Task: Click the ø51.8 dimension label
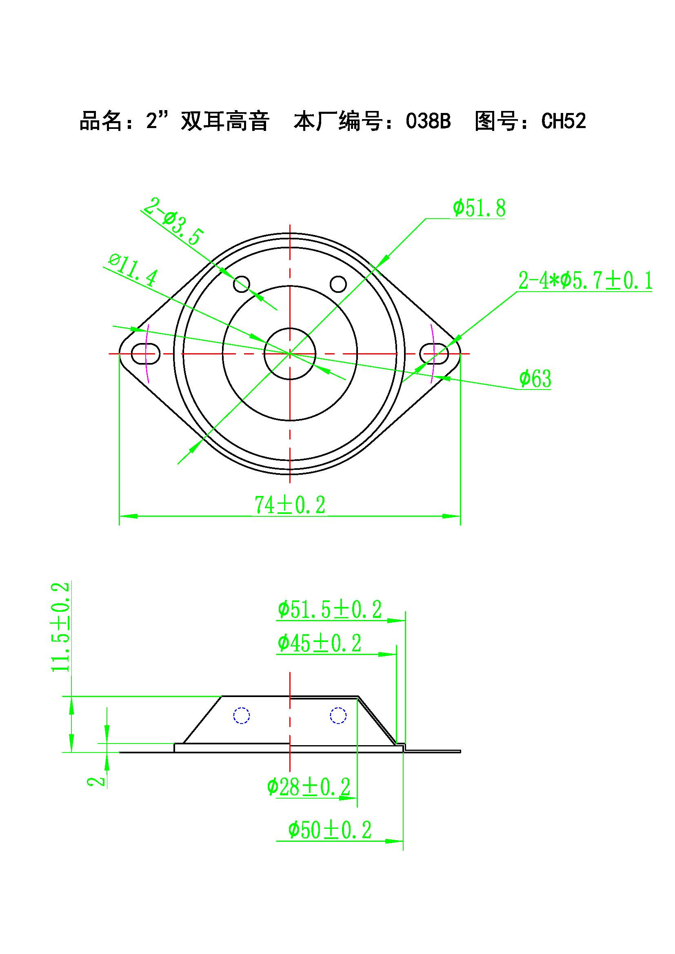pyautogui.click(x=479, y=208)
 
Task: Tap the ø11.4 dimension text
pyautogui.click(x=133, y=270)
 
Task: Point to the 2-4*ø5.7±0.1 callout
pyautogui.click(x=585, y=281)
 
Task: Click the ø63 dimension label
pyautogui.click(x=535, y=379)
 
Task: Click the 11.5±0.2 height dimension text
pyautogui.click(x=61, y=627)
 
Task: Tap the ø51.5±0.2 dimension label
pyautogui.click(x=330, y=610)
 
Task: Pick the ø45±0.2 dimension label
pyautogui.click(x=319, y=643)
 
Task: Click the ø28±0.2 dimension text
pyautogui.click(x=309, y=786)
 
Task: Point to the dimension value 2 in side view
pyautogui.click(x=96, y=781)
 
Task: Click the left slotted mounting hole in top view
pyautogui.click(x=146, y=353)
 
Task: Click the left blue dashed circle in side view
pyautogui.click(x=242, y=715)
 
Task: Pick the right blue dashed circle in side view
pyautogui.click(x=338, y=715)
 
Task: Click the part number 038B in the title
pyautogui.click(x=428, y=121)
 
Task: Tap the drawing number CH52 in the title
pyautogui.click(x=563, y=121)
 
